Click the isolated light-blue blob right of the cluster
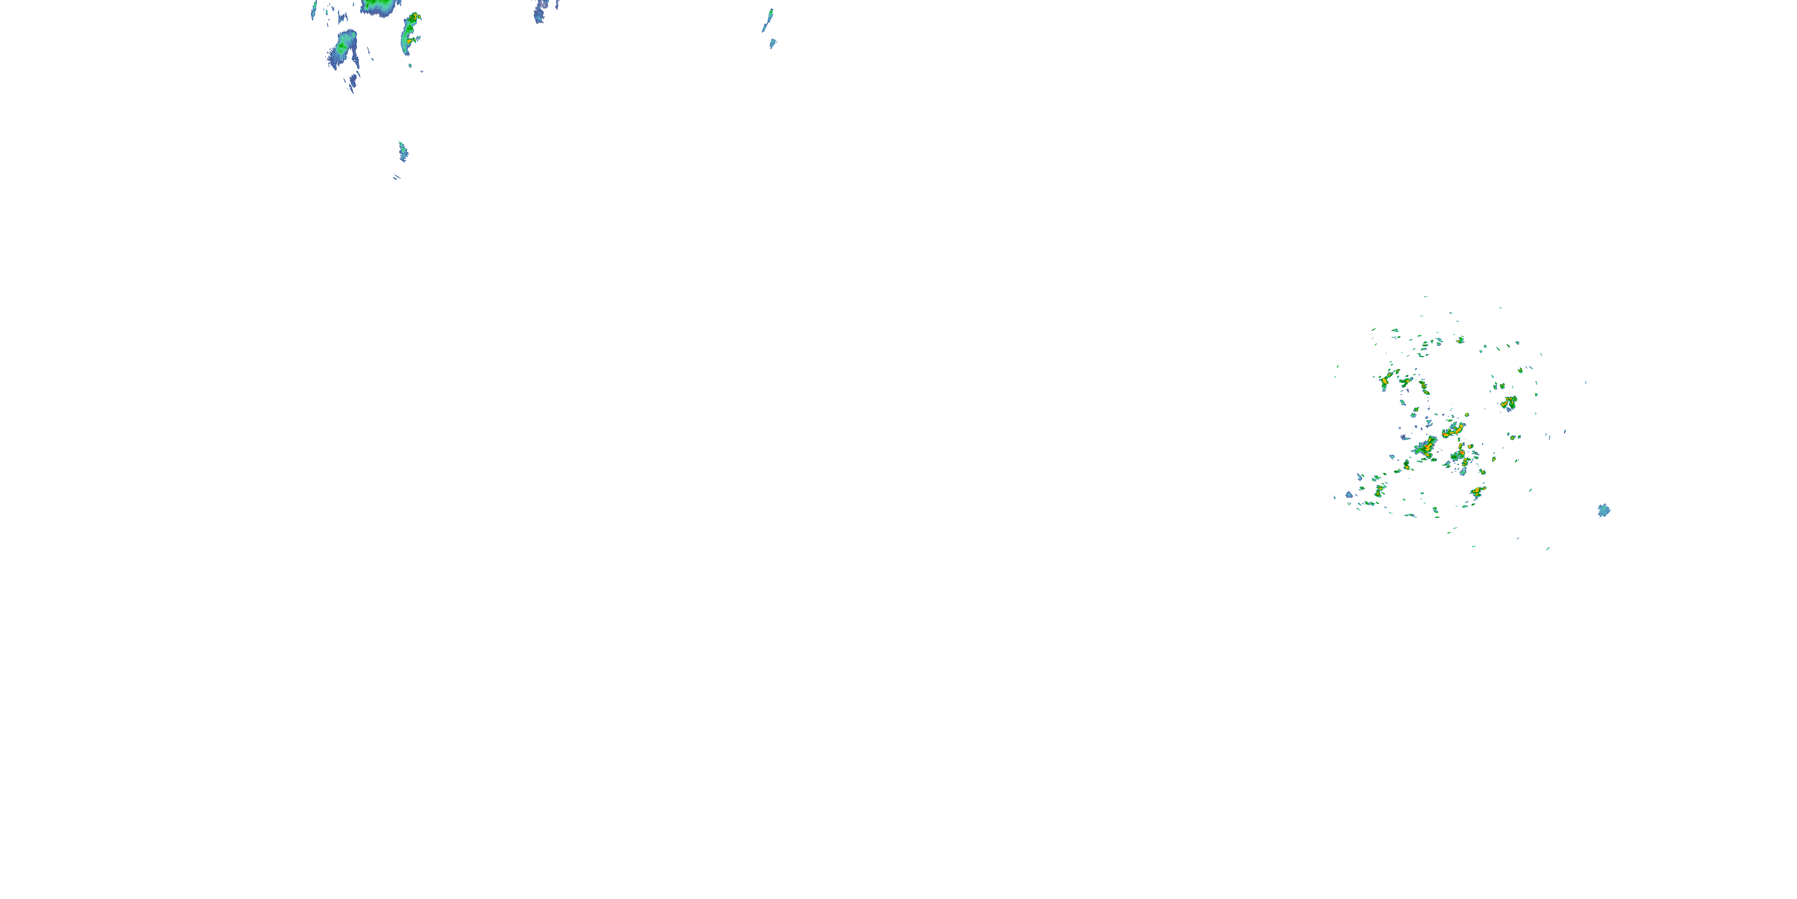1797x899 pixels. (x=1604, y=510)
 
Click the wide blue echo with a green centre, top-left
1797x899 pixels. (x=343, y=47)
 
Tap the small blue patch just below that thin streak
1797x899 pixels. (x=772, y=43)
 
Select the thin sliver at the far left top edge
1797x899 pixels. (x=314, y=9)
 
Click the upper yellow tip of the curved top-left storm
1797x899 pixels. (x=415, y=16)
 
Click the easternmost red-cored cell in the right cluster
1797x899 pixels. (x=1509, y=402)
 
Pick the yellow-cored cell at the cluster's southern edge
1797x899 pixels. (x=1476, y=492)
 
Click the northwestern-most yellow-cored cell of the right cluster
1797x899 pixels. (x=1385, y=381)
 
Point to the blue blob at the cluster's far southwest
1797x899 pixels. (x=1349, y=495)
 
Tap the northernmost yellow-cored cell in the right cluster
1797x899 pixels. (x=1460, y=340)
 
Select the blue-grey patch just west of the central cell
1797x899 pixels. (x=1403, y=438)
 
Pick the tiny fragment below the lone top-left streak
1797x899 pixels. (x=396, y=177)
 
